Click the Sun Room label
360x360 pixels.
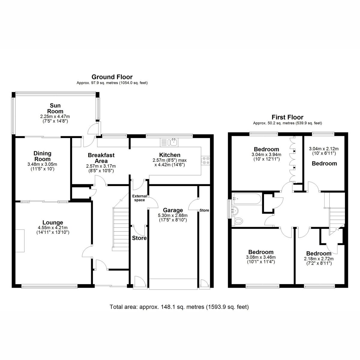[55, 108]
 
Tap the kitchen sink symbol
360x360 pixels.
[169, 142]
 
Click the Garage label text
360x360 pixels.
[173, 210]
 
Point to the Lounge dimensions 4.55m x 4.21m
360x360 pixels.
[53, 227]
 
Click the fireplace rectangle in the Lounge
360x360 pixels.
[20, 241]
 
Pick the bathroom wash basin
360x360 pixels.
[236, 210]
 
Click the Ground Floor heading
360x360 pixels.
[112, 77]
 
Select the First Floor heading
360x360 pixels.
[287, 117]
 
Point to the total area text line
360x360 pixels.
[179, 307]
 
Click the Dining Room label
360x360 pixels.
[42, 156]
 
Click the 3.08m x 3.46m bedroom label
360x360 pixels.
[261, 252]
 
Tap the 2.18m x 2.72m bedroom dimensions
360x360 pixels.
[319, 259]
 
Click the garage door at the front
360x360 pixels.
[173, 284]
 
